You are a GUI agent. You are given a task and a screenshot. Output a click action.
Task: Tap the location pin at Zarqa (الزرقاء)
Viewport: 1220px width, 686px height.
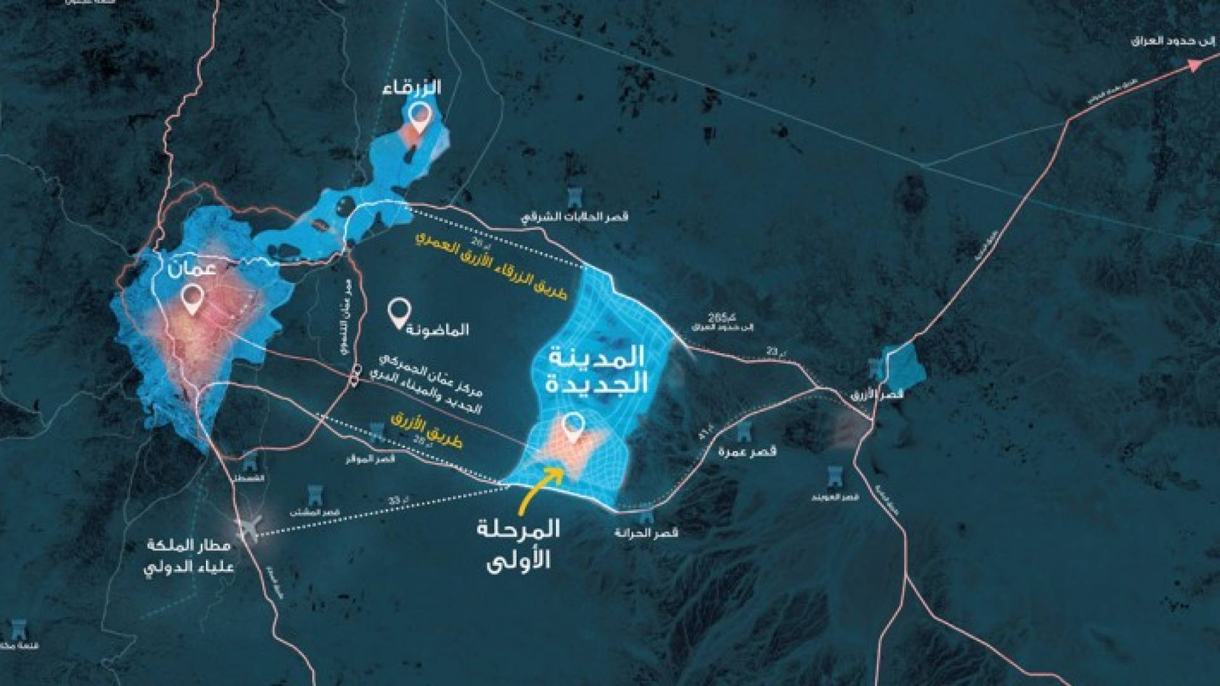coord(419,116)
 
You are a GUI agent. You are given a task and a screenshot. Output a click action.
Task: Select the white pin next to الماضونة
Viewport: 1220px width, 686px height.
coord(399,313)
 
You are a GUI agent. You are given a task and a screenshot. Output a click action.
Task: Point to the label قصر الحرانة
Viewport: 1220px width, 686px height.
coord(646,532)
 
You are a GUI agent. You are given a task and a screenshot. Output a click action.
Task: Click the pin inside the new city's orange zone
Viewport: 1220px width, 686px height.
coord(575,427)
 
